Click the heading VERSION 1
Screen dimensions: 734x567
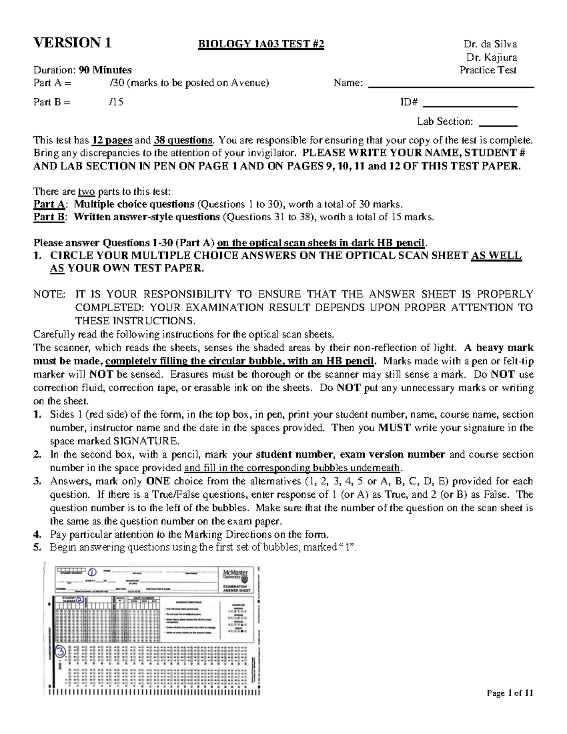click(72, 43)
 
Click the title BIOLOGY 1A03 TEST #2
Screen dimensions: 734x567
click(261, 44)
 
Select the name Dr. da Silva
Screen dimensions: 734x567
click(490, 44)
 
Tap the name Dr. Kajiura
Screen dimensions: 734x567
click(491, 57)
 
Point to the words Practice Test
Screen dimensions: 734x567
click(488, 70)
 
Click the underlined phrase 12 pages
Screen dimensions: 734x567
click(112, 140)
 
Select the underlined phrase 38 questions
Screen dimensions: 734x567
click(187, 140)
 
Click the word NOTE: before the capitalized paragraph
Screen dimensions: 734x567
click(49, 294)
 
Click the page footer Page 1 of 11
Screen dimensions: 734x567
click(510, 693)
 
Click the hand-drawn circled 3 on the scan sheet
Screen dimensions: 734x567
click(60, 653)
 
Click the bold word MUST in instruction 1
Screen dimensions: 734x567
click(395, 428)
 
